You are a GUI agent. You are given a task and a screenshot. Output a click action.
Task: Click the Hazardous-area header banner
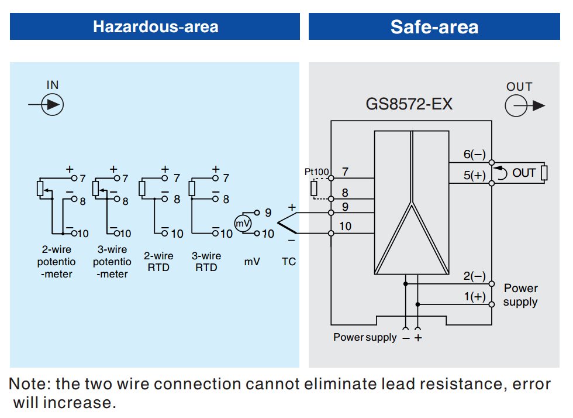[155, 26]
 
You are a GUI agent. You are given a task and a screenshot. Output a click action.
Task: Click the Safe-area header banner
[434, 26]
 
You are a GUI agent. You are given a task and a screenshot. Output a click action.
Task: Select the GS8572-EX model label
[409, 104]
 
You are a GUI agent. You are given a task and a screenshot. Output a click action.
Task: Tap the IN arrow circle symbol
[54, 105]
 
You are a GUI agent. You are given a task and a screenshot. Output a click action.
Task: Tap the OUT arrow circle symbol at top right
[517, 106]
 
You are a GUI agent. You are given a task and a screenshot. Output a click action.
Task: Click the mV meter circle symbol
[243, 223]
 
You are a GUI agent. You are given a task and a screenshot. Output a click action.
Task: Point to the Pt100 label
[316, 172]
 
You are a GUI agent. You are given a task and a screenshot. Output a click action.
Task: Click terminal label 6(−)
[474, 155]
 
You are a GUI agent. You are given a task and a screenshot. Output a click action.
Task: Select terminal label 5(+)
[474, 175]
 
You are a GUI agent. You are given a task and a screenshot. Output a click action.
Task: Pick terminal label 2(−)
[474, 276]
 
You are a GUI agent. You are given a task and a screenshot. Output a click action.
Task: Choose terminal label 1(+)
[474, 297]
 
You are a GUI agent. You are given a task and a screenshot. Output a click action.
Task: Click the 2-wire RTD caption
[158, 262]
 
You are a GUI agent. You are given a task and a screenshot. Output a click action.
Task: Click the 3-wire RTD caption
[206, 262]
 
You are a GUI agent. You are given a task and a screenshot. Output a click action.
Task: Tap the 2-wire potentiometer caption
[57, 262]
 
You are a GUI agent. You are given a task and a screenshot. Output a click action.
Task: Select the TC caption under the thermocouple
[289, 262]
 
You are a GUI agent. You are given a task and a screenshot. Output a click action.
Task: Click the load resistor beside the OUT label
[544, 173]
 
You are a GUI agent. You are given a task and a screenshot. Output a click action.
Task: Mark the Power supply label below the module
[365, 337]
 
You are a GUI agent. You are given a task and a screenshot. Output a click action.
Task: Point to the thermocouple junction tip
[278, 223]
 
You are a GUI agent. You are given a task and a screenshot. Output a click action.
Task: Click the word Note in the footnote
[29, 385]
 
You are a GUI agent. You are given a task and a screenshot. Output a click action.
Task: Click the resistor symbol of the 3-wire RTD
[192, 189]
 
